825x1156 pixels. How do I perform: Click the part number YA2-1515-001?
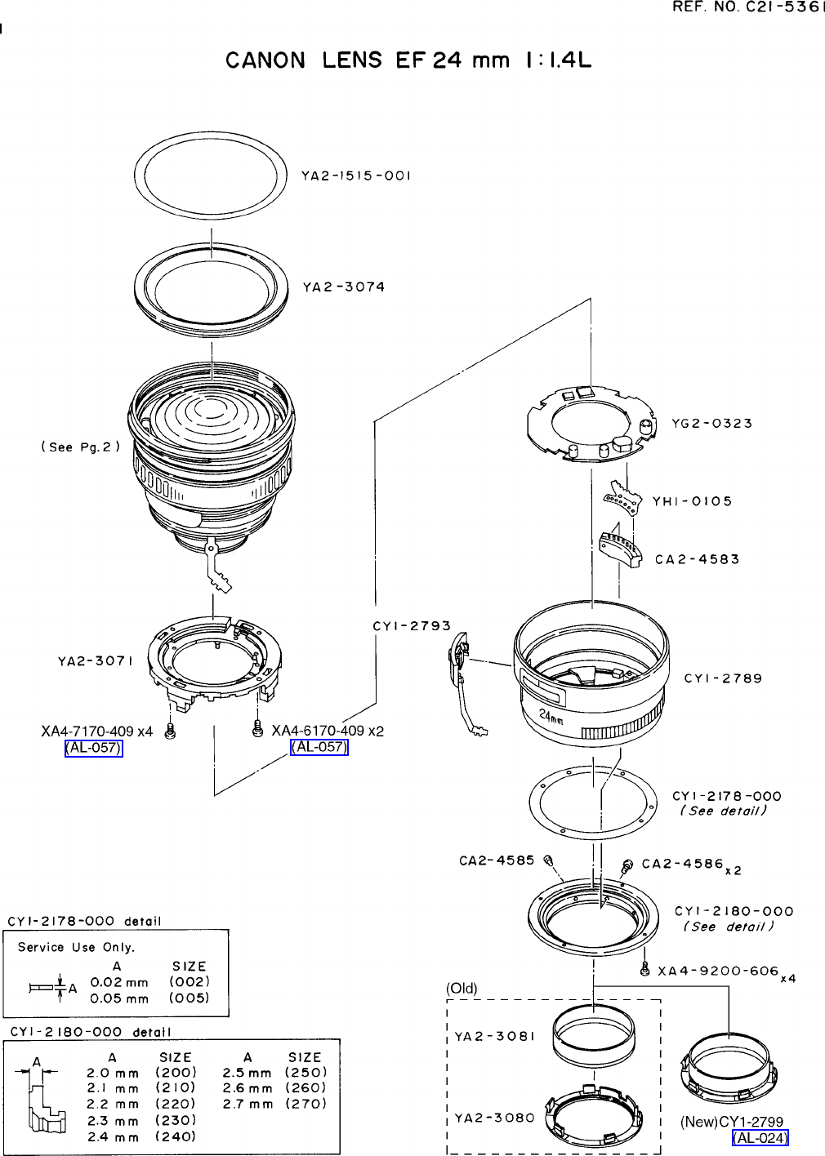355,176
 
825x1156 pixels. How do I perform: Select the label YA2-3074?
344,287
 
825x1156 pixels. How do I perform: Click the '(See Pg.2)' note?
81,447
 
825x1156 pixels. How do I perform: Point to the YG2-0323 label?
711,423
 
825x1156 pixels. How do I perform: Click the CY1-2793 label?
412,626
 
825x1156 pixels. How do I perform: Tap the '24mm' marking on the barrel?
551,716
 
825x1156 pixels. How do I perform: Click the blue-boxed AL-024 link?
760,1138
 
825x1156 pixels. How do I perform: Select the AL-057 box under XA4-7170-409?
94,748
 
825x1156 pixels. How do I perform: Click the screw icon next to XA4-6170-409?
257,728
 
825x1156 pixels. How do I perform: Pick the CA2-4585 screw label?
497,860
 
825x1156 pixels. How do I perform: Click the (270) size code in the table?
305,1104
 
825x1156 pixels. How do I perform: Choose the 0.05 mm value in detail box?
119,998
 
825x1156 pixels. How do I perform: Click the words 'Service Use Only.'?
76,947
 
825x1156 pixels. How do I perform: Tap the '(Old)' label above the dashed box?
462,989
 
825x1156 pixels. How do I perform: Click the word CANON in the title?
265,60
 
